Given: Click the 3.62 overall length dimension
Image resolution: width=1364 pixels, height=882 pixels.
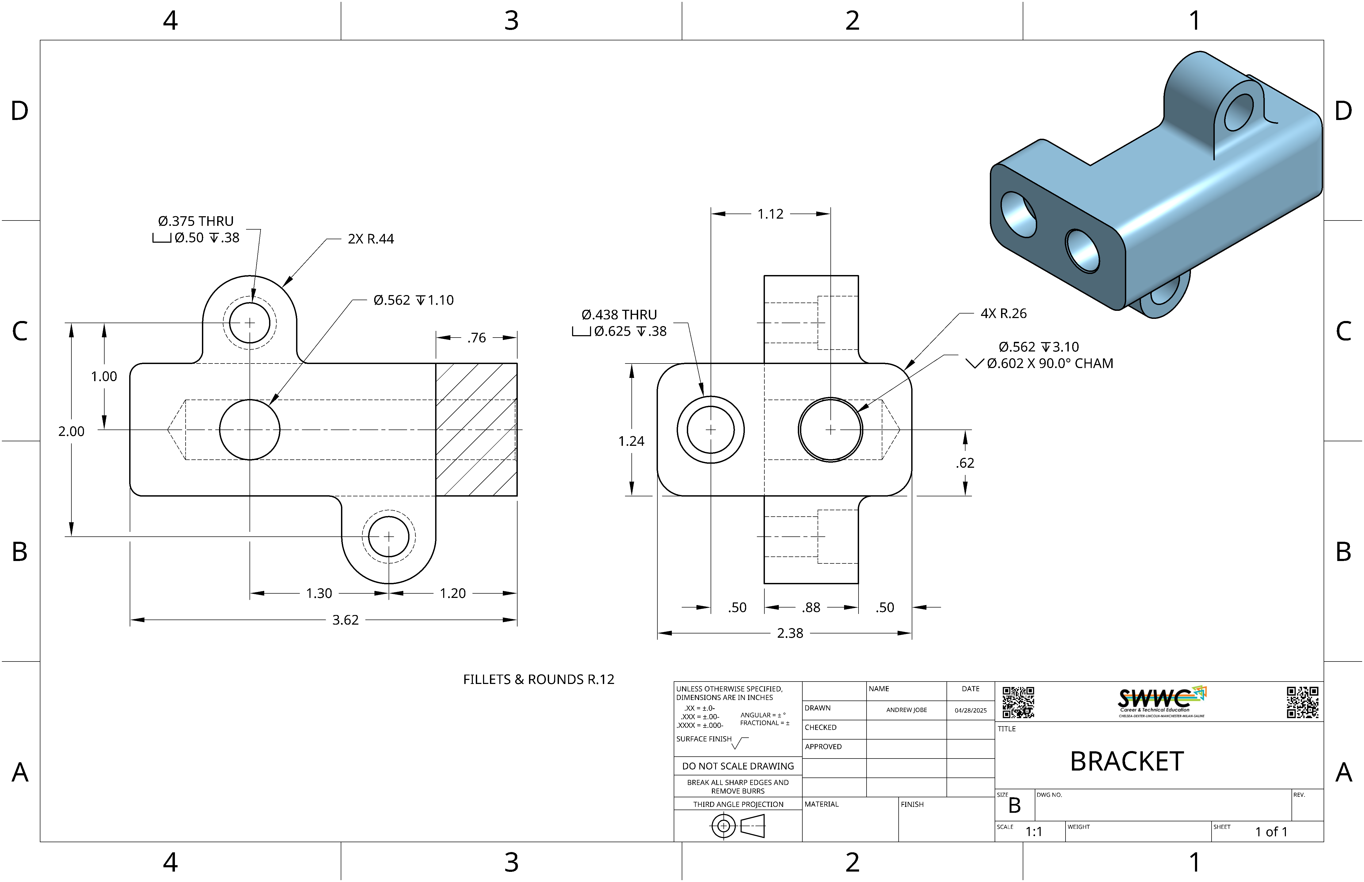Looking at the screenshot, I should point(345,620).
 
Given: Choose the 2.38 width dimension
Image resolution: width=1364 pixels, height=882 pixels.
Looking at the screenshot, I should point(790,633).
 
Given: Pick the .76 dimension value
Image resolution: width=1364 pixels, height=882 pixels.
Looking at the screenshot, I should point(476,338).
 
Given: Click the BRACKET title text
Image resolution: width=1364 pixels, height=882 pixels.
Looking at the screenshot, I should point(1126,761).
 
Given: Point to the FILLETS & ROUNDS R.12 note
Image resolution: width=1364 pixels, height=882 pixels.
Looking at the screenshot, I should point(538,679).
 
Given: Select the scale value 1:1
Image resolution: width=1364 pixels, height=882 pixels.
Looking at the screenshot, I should point(1033,831).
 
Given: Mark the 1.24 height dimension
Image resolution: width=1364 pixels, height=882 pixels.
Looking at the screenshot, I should point(631,441).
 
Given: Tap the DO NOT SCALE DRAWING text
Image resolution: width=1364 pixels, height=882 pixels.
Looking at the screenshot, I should point(738,766).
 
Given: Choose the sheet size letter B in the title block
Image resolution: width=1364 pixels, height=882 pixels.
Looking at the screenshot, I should point(1014,805).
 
